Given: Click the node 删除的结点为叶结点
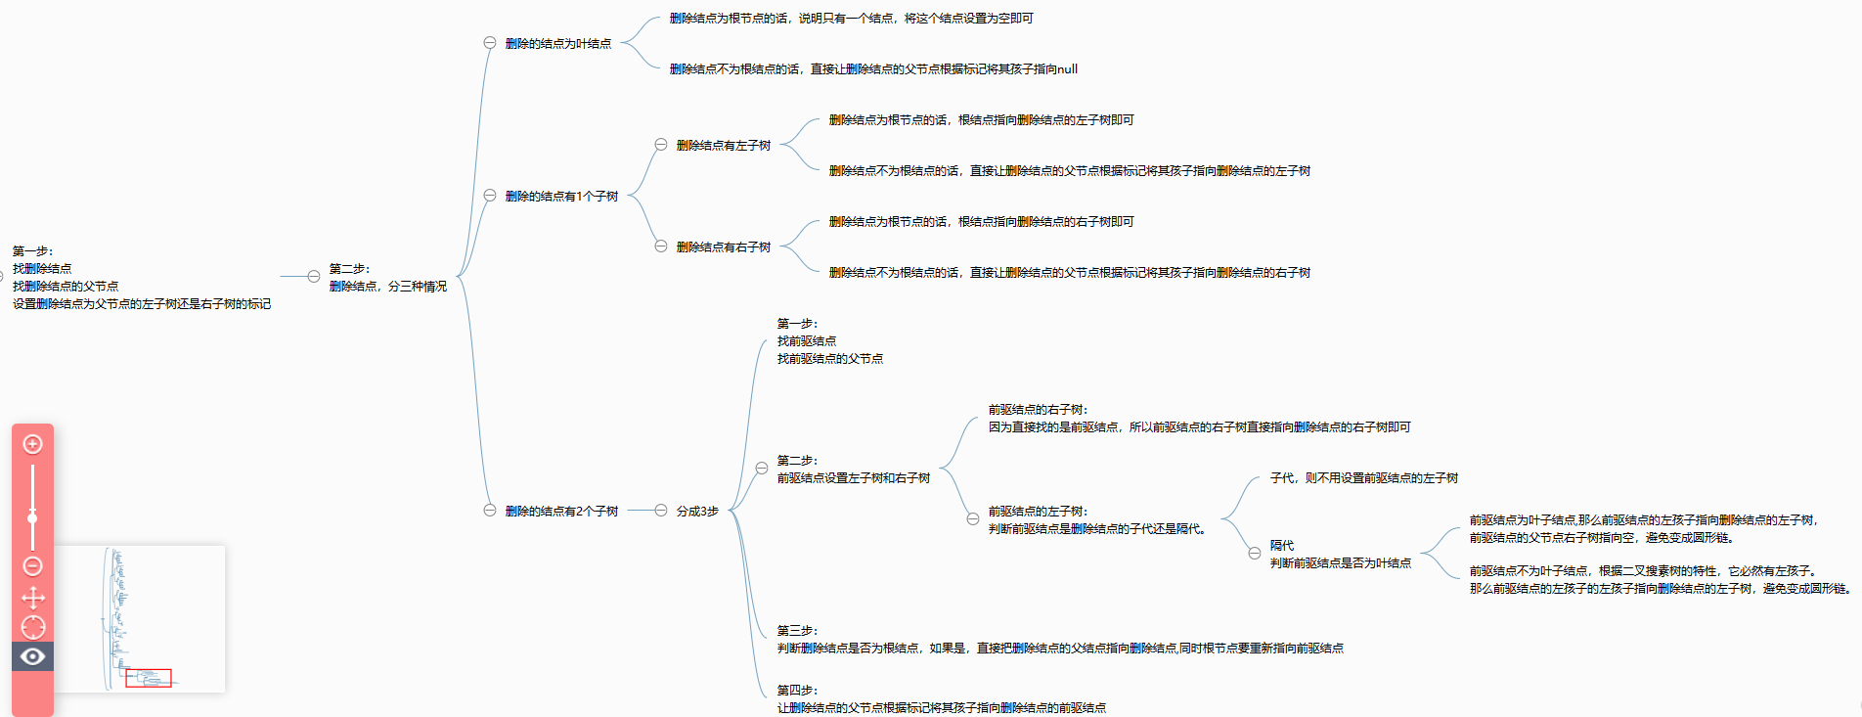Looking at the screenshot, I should (557, 43).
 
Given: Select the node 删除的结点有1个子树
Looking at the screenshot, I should (561, 196).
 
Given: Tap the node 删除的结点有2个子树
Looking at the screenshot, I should (561, 511).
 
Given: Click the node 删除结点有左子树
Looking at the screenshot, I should (723, 145).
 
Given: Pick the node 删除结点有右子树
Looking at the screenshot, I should (723, 246).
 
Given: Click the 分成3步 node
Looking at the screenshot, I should (697, 511).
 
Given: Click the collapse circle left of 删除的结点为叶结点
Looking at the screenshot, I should (490, 43).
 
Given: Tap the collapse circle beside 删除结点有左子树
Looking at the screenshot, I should (661, 145).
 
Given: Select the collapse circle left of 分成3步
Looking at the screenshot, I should (661, 511).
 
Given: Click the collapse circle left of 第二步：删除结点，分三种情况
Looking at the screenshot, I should (314, 277).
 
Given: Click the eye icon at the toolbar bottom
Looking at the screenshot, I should (32, 656).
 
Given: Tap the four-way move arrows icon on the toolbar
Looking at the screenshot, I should (32, 598).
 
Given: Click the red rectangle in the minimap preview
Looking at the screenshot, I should (149, 677).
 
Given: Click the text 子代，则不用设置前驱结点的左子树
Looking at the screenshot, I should (1363, 477).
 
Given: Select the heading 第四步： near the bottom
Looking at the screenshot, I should (797, 690).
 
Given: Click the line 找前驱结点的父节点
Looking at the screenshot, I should (829, 359).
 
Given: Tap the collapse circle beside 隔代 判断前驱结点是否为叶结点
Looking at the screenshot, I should (1255, 554).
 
